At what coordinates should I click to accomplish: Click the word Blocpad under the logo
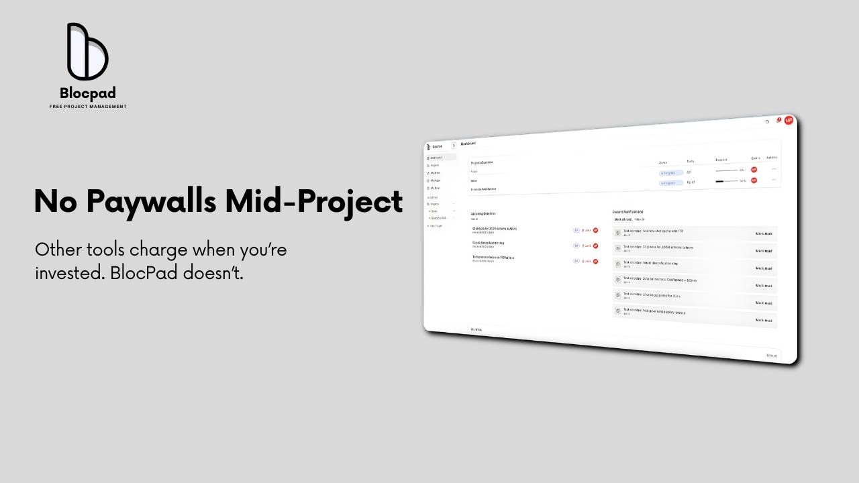(88, 93)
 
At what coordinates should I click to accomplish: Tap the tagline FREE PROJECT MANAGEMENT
(88, 107)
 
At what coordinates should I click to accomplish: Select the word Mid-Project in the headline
(314, 201)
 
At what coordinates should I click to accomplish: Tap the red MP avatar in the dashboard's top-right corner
(789, 120)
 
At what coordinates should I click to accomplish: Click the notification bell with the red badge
(778, 121)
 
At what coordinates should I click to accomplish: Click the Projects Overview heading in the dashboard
(482, 162)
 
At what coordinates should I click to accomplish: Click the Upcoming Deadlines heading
(483, 213)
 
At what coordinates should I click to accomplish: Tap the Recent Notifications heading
(627, 212)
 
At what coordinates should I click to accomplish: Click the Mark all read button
(623, 219)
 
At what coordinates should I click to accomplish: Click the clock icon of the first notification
(618, 233)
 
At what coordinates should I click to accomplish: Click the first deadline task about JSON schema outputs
(494, 229)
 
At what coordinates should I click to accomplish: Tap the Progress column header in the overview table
(721, 160)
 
